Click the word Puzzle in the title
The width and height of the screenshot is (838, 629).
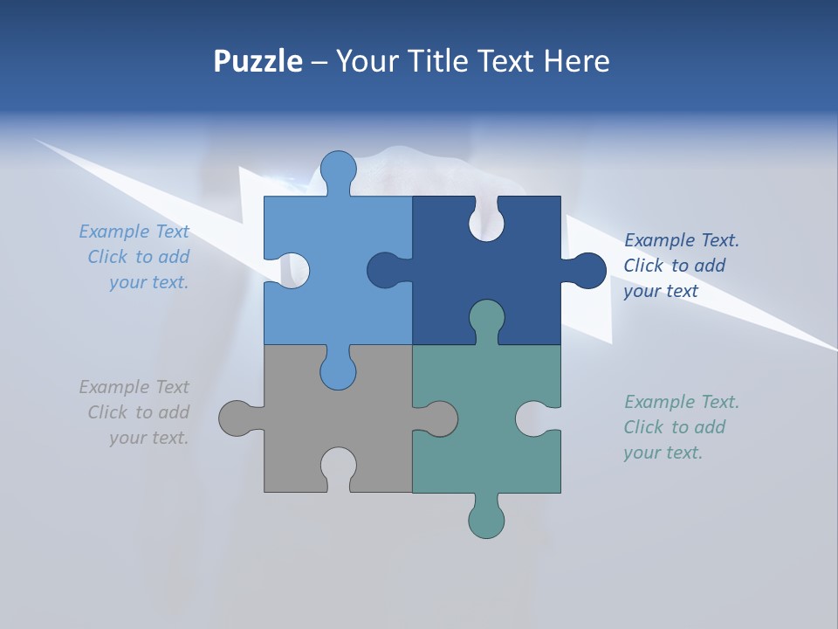[x=258, y=61]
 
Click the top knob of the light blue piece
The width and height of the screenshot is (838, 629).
[x=338, y=170]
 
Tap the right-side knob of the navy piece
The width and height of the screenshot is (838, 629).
[x=587, y=271]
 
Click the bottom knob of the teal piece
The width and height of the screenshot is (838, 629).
[x=486, y=519]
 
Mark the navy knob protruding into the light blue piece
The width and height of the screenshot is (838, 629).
[x=386, y=271]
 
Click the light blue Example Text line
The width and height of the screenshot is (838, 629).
[x=134, y=232]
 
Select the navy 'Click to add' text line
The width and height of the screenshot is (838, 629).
[x=674, y=266]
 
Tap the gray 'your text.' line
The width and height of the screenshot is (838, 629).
[x=148, y=438]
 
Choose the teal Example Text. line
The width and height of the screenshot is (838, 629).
[x=681, y=402]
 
